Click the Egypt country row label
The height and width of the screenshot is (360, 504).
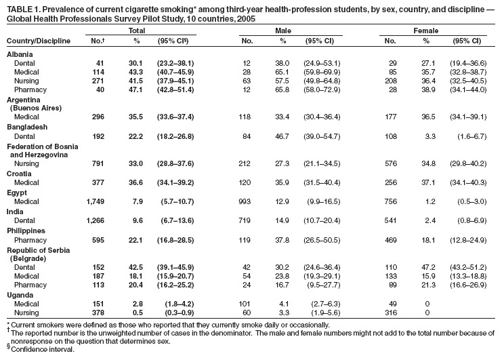[x=18, y=192]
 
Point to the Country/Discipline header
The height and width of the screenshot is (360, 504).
[x=39, y=41]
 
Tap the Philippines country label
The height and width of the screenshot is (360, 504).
[x=27, y=230]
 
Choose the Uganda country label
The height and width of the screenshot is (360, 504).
[x=20, y=296]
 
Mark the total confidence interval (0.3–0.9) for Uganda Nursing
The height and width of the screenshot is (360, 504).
[x=177, y=314]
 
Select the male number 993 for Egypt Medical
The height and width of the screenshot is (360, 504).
[x=251, y=201]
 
